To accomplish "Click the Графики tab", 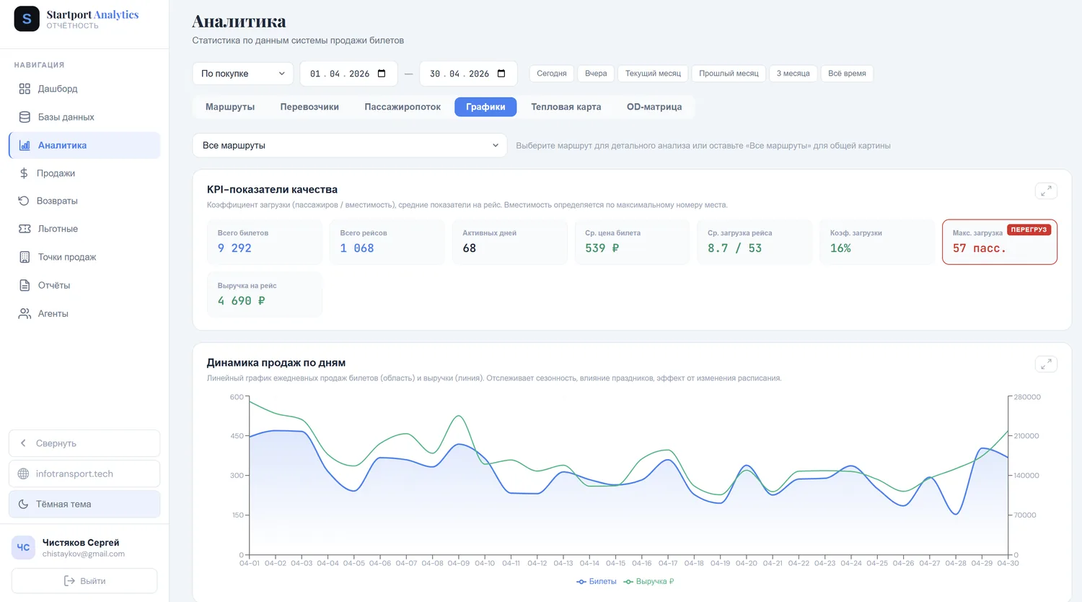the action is point(485,107).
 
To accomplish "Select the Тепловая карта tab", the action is point(566,107).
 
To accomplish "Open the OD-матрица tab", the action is point(654,107).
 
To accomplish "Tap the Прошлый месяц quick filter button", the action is point(729,74).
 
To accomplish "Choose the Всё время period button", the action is point(847,74).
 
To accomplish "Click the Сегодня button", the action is point(552,74).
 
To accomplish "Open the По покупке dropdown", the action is point(242,74).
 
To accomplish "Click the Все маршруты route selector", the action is point(350,146).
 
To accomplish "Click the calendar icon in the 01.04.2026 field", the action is point(382,74).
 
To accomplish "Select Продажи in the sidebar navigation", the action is point(56,173).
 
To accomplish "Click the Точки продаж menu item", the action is point(66,257).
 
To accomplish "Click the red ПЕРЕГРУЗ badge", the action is point(1029,230).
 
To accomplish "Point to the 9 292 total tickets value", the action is point(234,248).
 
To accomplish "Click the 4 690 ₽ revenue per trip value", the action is point(241,301).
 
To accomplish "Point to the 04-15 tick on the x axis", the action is point(615,563).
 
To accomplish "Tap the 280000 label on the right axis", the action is point(1027,397).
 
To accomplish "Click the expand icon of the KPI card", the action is point(1046,191).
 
